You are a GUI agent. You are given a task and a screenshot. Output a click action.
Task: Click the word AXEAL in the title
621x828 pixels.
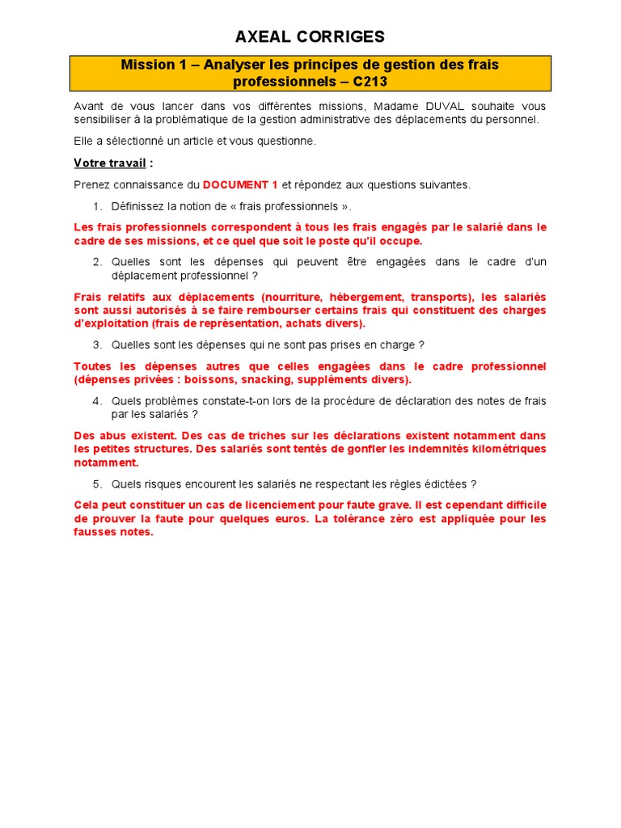click(x=260, y=36)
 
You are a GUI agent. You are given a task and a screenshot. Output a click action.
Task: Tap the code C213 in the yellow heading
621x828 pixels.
click(x=371, y=82)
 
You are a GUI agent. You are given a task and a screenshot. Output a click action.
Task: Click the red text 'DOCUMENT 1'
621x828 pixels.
click(x=240, y=184)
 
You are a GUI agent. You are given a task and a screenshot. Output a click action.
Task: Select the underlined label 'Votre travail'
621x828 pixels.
click(x=110, y=163)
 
